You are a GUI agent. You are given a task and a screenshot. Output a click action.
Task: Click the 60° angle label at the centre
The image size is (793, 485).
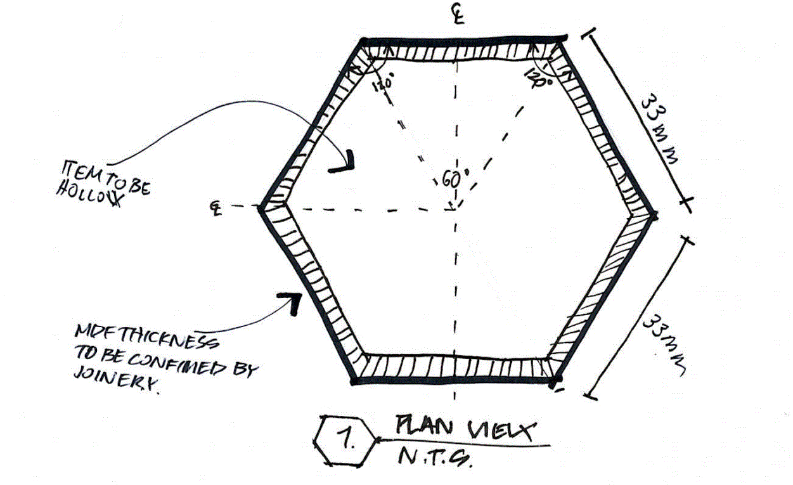tap(451, 180)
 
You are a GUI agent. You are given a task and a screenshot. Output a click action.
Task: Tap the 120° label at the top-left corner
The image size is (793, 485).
tap(384, 82)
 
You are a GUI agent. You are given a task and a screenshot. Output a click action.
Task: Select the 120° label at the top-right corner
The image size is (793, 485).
tap(538, 77)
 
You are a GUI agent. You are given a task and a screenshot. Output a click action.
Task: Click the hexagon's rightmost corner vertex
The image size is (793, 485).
tap(654, 216)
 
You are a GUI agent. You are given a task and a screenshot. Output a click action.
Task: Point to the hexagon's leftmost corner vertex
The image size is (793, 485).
tap(261, 207)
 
